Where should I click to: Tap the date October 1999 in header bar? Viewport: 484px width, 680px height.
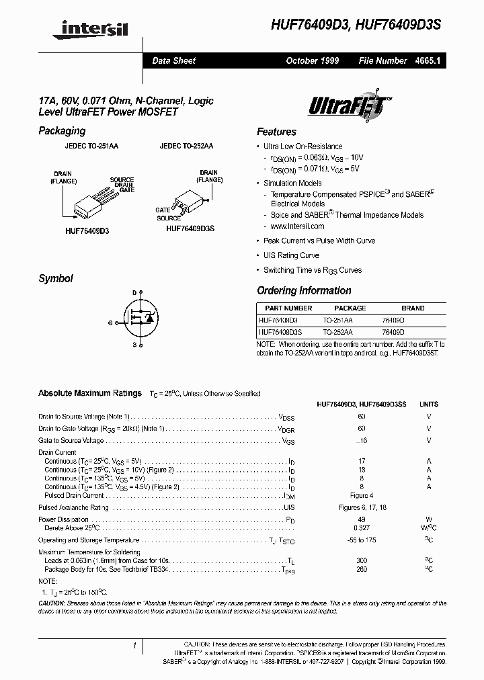click(x=312, y=60)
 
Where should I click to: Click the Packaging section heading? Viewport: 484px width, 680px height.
click(x=62, y=130)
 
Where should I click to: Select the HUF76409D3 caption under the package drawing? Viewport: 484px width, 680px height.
click(x=83, y=230)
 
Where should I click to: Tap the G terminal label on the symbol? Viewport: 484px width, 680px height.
click(x=110, y=323)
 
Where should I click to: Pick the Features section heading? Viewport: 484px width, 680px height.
click(x=276, y=132)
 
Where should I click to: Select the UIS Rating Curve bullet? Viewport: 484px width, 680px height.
click(x=290, y=255)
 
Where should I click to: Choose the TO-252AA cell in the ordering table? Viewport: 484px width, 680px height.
click(x=337, y=332)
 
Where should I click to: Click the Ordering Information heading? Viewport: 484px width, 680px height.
click(x=304, y=290)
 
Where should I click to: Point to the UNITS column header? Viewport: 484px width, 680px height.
click(x=428, y=405)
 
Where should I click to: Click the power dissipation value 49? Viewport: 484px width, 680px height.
click(x=362, y=519)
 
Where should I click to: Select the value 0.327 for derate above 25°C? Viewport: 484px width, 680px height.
click(x=362, y=528)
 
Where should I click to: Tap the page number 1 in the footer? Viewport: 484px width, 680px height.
click(x=134, y=646)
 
